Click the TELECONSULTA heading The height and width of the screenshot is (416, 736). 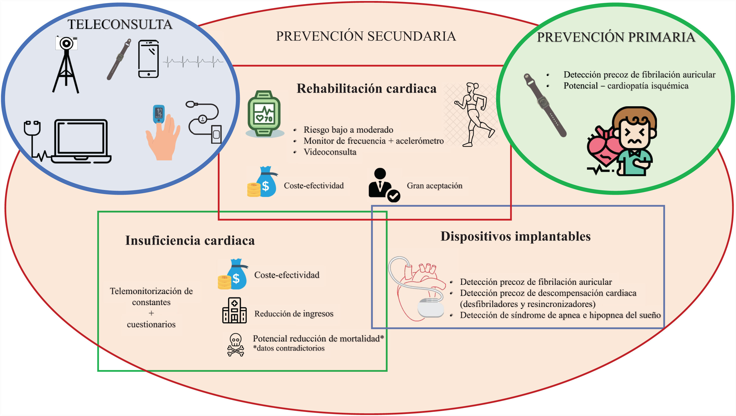click(x=120, y=24)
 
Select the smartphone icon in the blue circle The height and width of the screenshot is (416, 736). click(x=148, y=59)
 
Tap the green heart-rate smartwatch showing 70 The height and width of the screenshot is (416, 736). click(x=264, y=114)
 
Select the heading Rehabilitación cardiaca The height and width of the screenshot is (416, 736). click(x=366, y=88)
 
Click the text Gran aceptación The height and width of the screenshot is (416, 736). click(x=434, y=186)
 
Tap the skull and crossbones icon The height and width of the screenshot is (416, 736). click(x=235, y=344)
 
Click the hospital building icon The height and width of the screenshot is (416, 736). click(x=234, y=310)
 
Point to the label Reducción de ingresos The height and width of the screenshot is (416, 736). click(x=294, y=314)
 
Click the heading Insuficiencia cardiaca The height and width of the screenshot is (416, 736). click(x=190, y=240)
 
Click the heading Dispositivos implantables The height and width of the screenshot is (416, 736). click(x=515, y=236)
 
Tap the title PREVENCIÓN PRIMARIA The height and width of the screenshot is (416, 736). click(x=616, y=37)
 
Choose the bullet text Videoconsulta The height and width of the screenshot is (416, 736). click(x=330, y=152)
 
